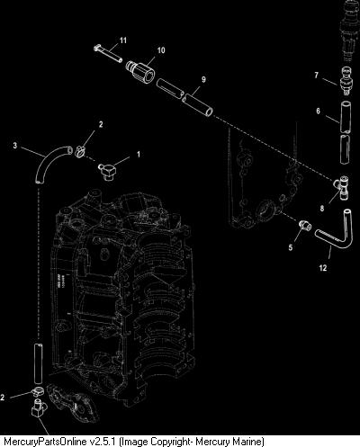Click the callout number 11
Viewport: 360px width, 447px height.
point(123,40)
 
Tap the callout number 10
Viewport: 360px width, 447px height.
point(161,50)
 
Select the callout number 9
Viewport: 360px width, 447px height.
point(203,79)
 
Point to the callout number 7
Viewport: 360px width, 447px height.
point(316,75)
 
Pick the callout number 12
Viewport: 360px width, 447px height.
point(323,268)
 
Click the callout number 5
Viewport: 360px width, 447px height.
point(291,247)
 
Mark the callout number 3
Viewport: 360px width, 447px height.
point(15,146)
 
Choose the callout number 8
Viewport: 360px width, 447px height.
point(322,208)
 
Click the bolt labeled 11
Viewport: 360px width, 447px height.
point(108,54)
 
